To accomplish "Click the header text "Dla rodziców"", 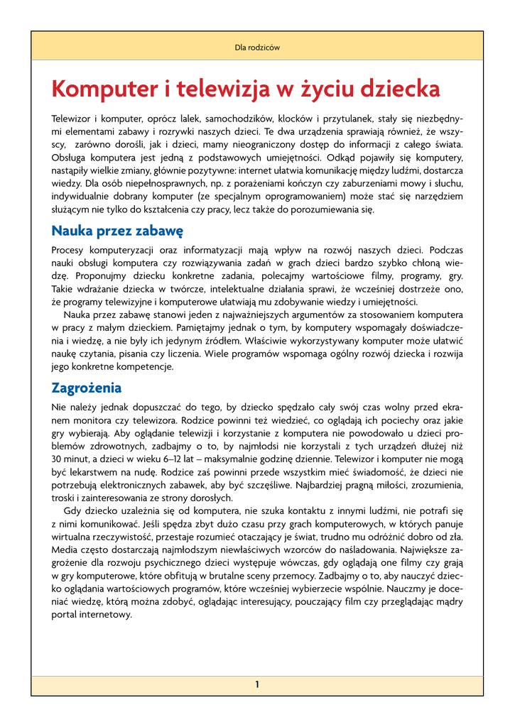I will (257, 48).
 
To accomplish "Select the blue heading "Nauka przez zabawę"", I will (118, 231).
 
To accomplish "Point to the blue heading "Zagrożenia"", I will (87, 388).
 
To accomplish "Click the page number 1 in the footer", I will (257, 684).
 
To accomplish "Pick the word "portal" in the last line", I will (64, 615).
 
